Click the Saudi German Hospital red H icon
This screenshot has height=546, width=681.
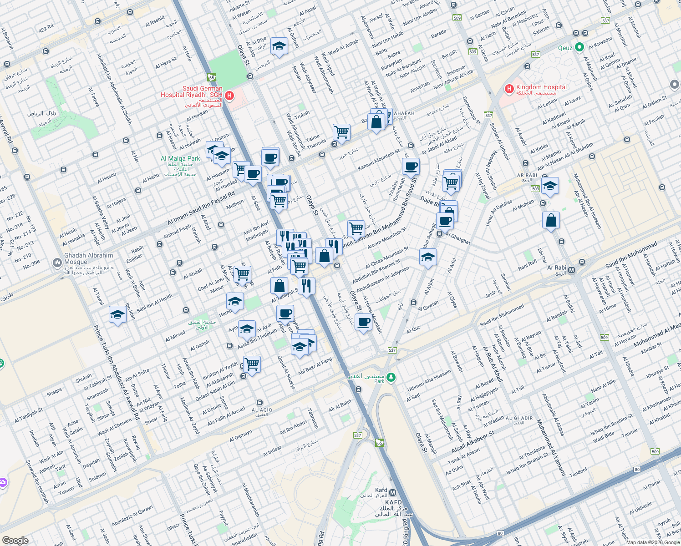pos(229,96)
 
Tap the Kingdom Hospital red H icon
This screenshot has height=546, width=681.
pos(509,89)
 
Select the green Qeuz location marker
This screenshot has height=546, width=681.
pos(579,47)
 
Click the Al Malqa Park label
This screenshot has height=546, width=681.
pos(180,159)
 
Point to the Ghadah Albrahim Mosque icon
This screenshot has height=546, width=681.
pos(57,263)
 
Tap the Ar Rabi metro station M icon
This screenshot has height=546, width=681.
pos(572,270)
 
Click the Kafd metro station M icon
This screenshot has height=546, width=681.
pos(392,493)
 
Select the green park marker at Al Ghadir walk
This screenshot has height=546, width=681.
pos(391,377)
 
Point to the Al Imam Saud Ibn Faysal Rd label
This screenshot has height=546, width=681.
pos(201,208)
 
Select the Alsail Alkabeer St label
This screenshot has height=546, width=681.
pos(473,443)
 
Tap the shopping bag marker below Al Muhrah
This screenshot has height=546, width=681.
pos(551,221)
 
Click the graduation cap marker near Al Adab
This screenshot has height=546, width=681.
pos(279,46)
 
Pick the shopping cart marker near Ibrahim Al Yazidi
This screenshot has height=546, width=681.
pos(252,364)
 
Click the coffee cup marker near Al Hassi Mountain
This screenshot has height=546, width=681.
pos(363,323)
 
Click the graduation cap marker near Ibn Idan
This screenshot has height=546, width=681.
pos(117,314)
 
